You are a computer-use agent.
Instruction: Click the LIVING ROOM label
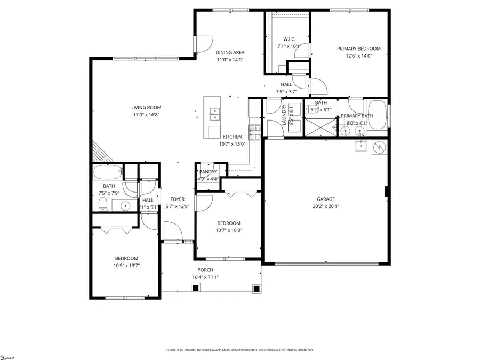(x=146, y=107)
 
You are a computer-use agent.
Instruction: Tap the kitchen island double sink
(x=215, y=113)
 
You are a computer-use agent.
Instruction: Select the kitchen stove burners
(x=253, y=131)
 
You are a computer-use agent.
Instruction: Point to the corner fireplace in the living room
(x=101, y=151)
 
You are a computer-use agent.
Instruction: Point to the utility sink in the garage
(x=361, y=146)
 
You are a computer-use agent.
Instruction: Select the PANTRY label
(x=208, y=172)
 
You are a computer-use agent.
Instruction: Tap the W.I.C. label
(x=289, y=39)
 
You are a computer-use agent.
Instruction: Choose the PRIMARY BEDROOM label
(x=355, y=49)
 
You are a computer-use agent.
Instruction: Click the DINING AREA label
(x=230, y=52)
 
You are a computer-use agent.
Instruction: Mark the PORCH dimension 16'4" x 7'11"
(x=205, y=277)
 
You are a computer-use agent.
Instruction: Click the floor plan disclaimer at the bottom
(x=240, y=350)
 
